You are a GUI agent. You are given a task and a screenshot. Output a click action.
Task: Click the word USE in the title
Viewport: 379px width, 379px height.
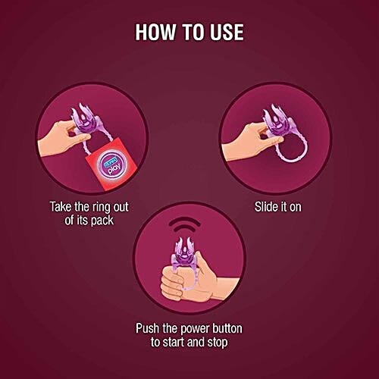pos(227,32)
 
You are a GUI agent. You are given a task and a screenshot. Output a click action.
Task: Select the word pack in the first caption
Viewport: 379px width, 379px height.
pos(102,221)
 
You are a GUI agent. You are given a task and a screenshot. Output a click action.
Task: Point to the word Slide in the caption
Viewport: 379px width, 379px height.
pos(265,207)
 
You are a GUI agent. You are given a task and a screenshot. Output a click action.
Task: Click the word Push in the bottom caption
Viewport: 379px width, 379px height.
pos(148,329)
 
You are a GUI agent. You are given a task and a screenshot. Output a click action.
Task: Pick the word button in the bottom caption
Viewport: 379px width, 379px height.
pos(227,328)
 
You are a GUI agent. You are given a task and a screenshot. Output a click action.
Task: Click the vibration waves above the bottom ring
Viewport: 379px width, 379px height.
pos(184,225)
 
